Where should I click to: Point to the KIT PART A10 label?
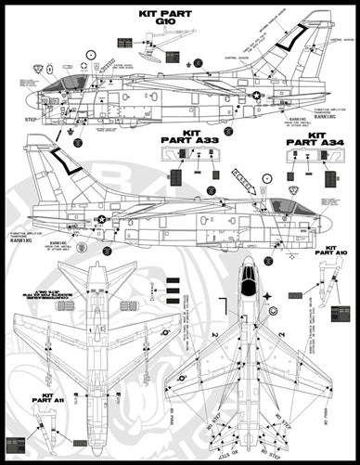[x=330, y=251]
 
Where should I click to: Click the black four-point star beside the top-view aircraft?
[x=267, y=298]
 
